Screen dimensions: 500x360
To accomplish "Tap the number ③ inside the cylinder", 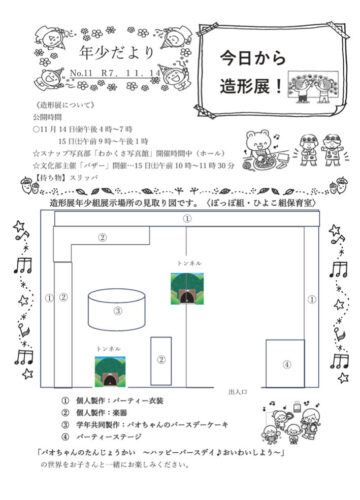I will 117,311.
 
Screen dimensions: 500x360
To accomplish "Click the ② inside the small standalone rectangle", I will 159,359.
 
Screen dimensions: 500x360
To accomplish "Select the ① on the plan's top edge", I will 186,218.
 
